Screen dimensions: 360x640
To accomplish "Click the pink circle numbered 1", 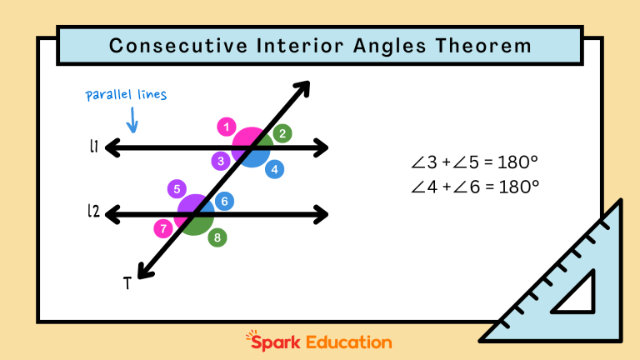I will click(226, 127).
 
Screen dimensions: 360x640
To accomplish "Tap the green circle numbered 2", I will click(282, 133).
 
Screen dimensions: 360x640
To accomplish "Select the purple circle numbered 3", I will click(220, 161).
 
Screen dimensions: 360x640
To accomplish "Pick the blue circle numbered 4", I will click(274, 169).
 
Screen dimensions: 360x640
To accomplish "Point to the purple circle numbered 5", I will click(177, 189).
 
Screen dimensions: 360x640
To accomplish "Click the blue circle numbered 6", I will click(224, 201).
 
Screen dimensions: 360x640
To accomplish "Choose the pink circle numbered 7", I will click(163, 227).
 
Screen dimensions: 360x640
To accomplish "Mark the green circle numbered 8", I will click(217, 237).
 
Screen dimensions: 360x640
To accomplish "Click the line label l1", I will click(93, 147).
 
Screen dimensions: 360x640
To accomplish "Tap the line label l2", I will click(93, 212).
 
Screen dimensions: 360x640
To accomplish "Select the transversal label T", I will click(127, 283).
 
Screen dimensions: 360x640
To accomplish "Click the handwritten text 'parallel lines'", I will click(126, 95).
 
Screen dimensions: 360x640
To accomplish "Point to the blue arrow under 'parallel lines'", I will click(132, 122).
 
